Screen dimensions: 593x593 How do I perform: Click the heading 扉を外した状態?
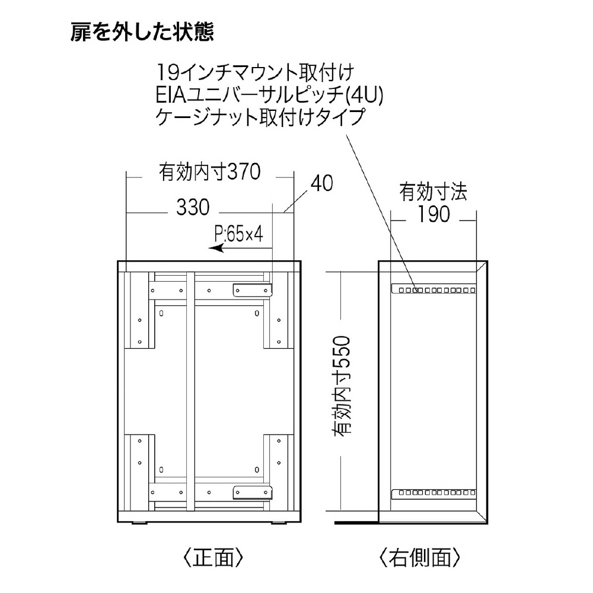[142, 32]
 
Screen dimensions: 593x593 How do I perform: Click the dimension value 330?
[193, 208]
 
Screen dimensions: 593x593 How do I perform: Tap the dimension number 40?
[322, 183]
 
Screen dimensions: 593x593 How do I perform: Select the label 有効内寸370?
[210, 172]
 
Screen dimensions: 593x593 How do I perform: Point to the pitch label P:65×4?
[238, 234]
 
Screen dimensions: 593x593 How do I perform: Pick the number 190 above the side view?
[433, 214]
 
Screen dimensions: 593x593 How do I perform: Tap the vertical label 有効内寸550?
[342, 385]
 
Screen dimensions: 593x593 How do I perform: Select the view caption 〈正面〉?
[213, 557]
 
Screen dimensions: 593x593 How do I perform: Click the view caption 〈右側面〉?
[419, 557]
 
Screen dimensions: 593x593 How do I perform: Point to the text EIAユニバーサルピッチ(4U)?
[269, 95]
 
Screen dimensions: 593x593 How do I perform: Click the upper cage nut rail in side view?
[433, 289]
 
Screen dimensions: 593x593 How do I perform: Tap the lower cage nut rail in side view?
[433, 493]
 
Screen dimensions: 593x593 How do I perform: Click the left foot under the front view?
[139, 523]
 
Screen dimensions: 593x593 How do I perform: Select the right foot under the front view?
[280, 523]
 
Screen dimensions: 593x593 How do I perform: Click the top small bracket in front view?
[252, 291]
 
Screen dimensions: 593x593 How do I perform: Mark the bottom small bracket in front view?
[252, 492]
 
